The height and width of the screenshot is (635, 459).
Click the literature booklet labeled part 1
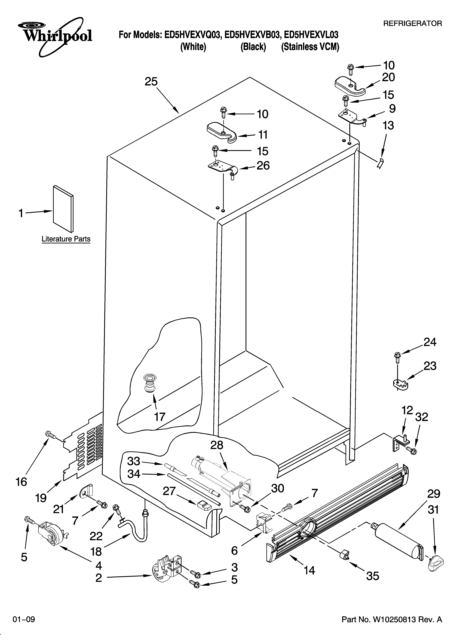(x=63, y=209)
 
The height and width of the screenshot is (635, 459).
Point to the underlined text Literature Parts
(x=66, y=239)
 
